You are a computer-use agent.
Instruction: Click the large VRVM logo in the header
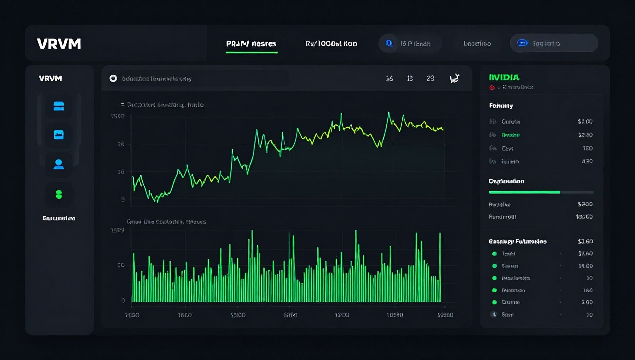pyautogui.click(x=59, y=44)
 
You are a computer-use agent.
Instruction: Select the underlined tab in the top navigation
pyautogui.click(x=251, y=44)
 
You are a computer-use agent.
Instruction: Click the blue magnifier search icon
pyautogui.click(x=389, y=43)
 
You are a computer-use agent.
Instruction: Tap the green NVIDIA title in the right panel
pyautogui.click(x=504, y=77)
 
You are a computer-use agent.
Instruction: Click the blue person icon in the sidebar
pyautogui.click(x=59, y=164)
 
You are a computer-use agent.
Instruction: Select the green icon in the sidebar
pyautogui.click(x=59, y=194)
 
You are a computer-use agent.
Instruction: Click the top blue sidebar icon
pyautogui.click(x=59, y=106)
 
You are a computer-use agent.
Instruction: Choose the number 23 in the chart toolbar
pyautogui.click(x=430, y=78)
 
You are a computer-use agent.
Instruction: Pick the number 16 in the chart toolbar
pyautogui.click(x=389, y=78)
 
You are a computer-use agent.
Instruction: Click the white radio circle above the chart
pyautogui.click(x=113, y=78)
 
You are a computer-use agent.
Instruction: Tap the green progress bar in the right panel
pyautogui.click(x=524, y=192)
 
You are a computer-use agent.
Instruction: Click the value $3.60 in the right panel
pyautogui.click(x=585, y=241)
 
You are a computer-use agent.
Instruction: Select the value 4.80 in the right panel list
pyautogui.click(x=587, y=161)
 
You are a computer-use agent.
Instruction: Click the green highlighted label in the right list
pyautogui.click(x=510, y=135)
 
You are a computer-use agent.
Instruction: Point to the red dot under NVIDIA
pyautogui.click(x=492, y=87)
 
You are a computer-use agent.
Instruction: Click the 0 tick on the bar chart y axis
pyautogui.click(x=123, y=300)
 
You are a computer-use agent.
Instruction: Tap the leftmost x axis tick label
pyautogui.click(x=132, y=315)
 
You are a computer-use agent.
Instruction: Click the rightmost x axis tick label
pyautogui.click(x=445, y=315)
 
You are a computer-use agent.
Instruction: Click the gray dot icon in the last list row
pyautogui.click(x=494, y=314)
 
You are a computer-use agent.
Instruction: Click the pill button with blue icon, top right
pyautogui.click(x=554, y=43)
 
